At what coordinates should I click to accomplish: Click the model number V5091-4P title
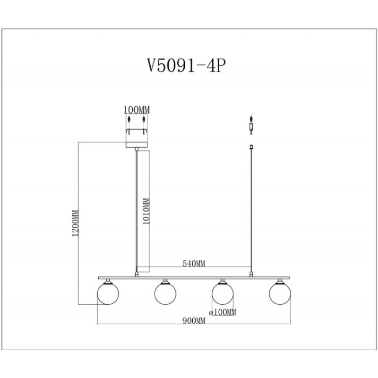pos(187,66)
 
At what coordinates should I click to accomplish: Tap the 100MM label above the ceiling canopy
pos(137,110)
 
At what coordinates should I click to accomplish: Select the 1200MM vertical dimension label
pos(76,223)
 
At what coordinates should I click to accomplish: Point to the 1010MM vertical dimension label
pos(146,211)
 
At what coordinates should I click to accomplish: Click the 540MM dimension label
pos(194,264)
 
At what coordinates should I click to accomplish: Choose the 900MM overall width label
pos(194,321)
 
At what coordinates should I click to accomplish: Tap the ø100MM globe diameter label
pos(223,312)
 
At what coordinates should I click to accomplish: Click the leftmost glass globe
pos(108,293)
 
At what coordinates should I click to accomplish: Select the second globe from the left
pos(165,293)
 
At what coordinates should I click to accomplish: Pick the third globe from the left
pos(223,293)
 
